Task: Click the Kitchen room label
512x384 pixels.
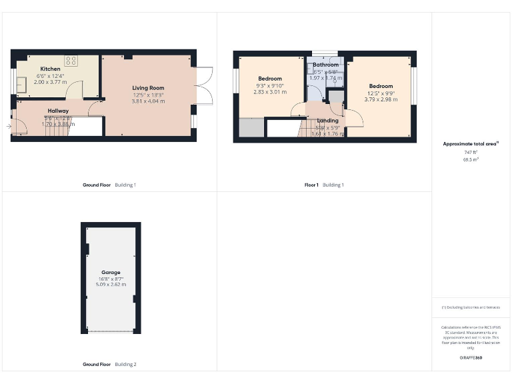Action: click(x=50, y=69)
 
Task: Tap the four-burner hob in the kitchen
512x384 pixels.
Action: click(x=70, y=60)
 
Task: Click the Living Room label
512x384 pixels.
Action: click(x=147, y=88)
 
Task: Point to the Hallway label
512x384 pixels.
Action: click(x=58, y=111)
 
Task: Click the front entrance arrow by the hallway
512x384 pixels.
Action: click(x=9, y=125)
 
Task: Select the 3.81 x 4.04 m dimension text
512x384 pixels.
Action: click(x=147, y=101)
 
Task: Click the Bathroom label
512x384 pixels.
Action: click(x=325, y=65)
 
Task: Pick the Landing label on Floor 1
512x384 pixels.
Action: click(x=327, y=121)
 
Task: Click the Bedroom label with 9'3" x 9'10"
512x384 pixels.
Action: click(x=270, y=79)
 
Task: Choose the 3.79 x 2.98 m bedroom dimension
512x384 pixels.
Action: click(x=381, y=99)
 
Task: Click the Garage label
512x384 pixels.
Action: click(x=111, y=273)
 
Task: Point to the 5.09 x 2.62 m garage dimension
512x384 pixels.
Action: click(x=111, y=285)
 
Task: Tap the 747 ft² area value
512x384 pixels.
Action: click(x=470, y=153)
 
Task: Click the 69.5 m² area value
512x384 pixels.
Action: click(x=470, y=160)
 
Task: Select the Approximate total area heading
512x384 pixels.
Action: click(x=469, y=144)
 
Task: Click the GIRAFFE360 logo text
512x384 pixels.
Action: click(x=470, y=358)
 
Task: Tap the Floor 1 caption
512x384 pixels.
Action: click(x=311, y=185)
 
